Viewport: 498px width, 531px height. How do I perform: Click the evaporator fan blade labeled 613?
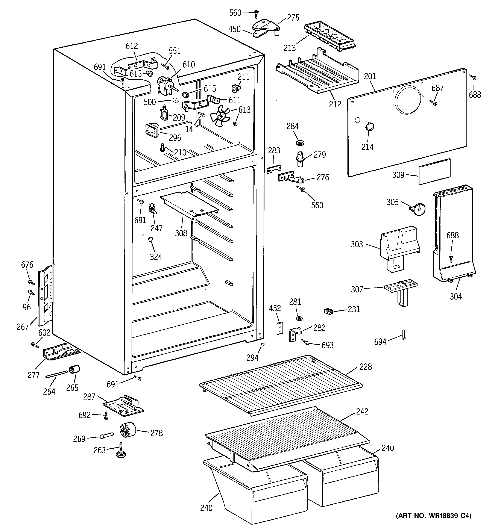click(220, 116)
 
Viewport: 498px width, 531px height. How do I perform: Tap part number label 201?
click(370, 76)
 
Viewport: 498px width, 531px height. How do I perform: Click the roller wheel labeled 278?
click(127, 430)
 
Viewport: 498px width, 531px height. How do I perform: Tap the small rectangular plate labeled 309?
click(434, 171)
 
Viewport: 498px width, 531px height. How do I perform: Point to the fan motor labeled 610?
click(165, 85)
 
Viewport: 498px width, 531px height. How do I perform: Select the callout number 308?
click(181, 233)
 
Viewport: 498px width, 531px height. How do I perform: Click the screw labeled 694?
click(403, 335)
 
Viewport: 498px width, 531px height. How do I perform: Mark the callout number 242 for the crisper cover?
click(362, 411)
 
